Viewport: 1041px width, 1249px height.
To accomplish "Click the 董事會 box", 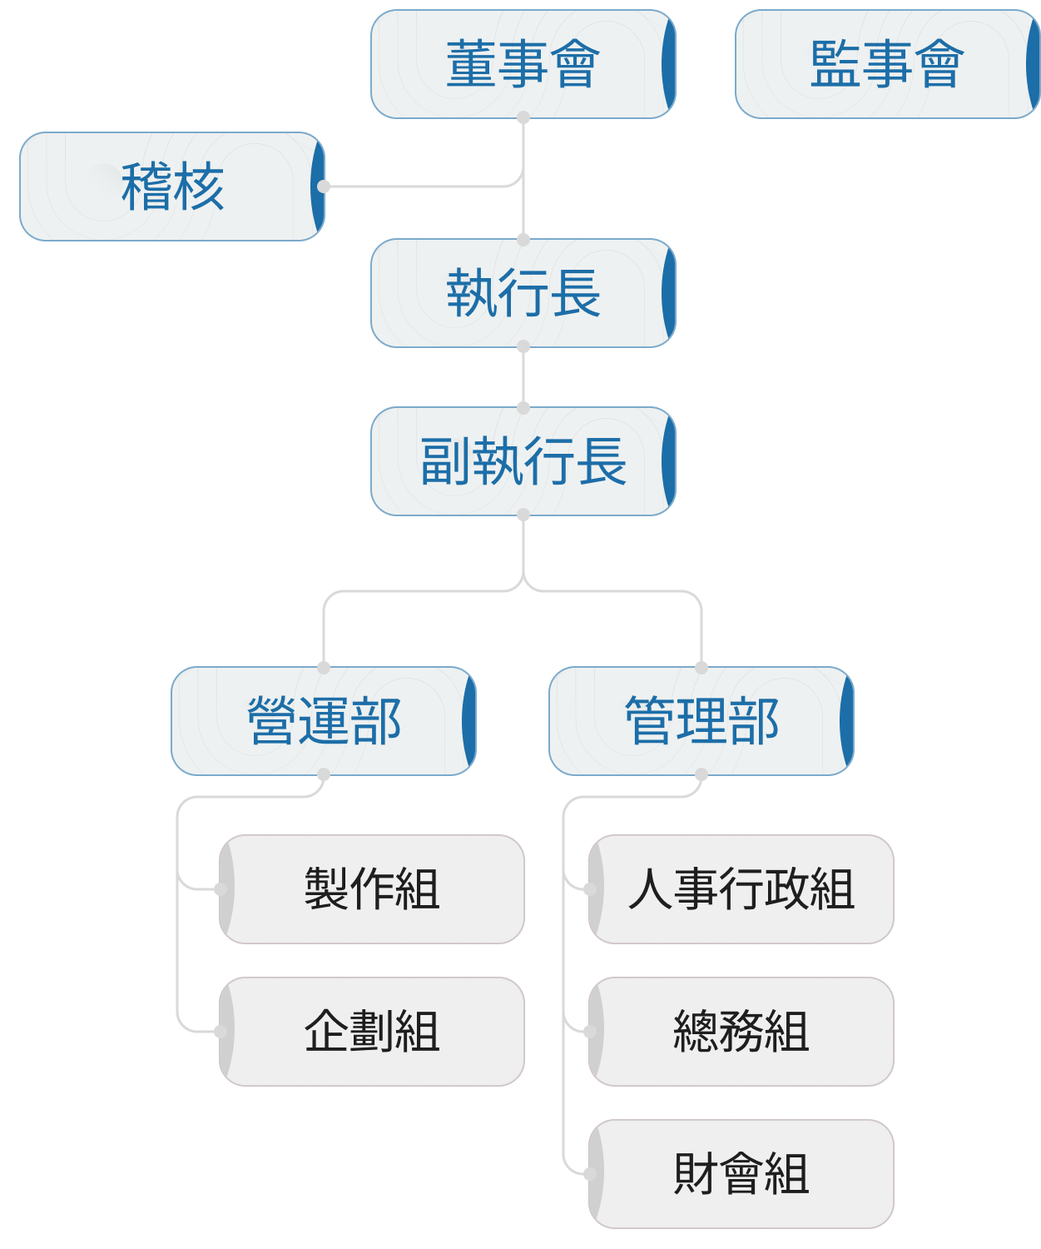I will click(x=523, y=64).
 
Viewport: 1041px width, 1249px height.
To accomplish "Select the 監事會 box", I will click(x=887, y=64).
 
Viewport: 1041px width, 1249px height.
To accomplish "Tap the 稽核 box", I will click(x=172, y=187).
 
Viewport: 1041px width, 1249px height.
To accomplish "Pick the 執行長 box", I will click(x=523, y=293).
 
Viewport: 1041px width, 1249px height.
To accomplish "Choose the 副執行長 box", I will click(x=523, y=461).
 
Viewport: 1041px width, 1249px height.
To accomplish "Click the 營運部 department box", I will click(x=324, y=721).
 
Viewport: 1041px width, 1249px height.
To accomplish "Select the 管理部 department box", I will click(x=701, y=721).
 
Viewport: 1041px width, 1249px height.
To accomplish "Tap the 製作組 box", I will click(x=372, y=889).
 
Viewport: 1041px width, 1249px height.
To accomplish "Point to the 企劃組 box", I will click(x=372, y=1032).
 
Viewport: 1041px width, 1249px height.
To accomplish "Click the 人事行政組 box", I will click(x=741, y=889).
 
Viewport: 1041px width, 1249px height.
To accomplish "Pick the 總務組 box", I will click(x=741, y=1032).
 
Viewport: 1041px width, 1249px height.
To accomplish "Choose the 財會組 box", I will click(x=741, y=1174).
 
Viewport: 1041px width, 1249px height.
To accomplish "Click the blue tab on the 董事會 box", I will click(x=669, y=64).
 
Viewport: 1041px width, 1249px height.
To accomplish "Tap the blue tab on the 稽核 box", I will click(x=318, y=187).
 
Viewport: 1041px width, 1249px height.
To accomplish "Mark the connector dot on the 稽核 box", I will click(x=324, y=187).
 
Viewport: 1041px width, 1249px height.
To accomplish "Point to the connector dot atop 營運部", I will click(x=324, y=667).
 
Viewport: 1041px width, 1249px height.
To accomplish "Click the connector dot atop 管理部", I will click(x=701, y=667).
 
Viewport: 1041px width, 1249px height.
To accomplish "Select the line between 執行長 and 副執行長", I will click(x=523, y=377).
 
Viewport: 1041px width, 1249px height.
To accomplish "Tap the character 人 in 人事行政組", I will click(x=650, y=889).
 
